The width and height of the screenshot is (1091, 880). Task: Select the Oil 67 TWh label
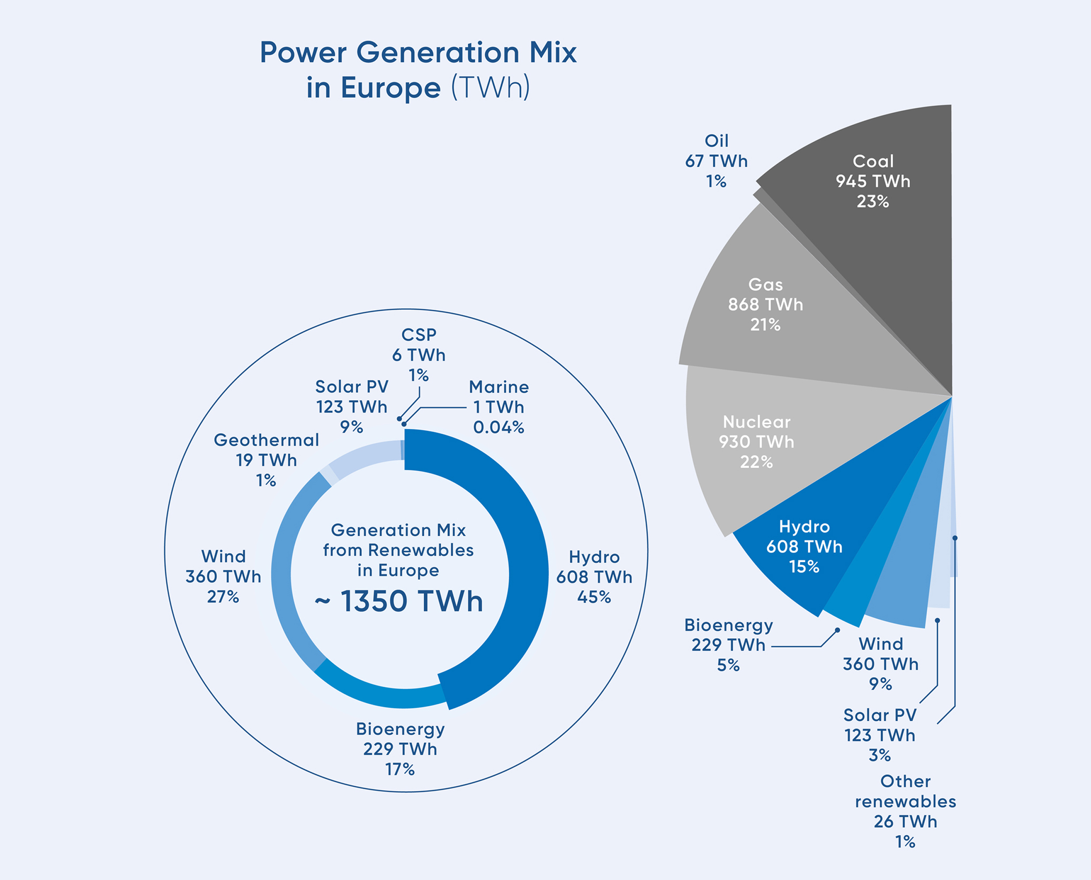716,161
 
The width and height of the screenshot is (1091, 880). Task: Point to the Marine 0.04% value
498,427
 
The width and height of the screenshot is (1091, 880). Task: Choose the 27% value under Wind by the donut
223,597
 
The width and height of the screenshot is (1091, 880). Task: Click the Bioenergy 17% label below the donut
400,769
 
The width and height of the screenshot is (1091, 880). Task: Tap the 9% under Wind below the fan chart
881,684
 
